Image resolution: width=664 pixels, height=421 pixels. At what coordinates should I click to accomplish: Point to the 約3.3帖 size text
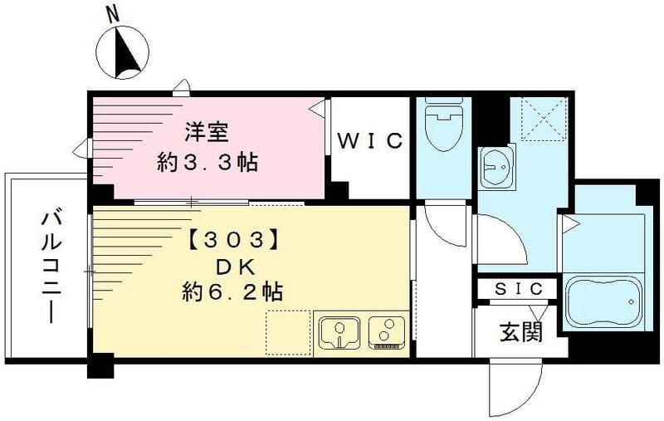(x=207, y=161)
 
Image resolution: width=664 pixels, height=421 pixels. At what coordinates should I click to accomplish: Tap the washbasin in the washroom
(x=497, y=166)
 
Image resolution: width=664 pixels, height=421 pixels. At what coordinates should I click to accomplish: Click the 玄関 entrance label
(x=521, y=332)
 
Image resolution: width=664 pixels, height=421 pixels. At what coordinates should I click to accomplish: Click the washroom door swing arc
(x=502, y=241)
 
